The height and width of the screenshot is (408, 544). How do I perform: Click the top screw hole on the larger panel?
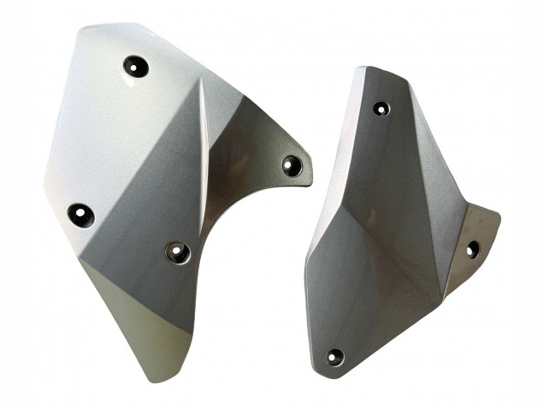[x=135, y=64]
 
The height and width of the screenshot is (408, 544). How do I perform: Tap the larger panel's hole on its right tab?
[x=293, y=164]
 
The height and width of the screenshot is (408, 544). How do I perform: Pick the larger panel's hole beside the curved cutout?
[x=177, y=251]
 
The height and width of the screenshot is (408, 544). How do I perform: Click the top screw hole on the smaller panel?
[x=381, y=109]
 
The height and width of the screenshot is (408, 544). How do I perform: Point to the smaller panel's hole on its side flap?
[x=471, y=249]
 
